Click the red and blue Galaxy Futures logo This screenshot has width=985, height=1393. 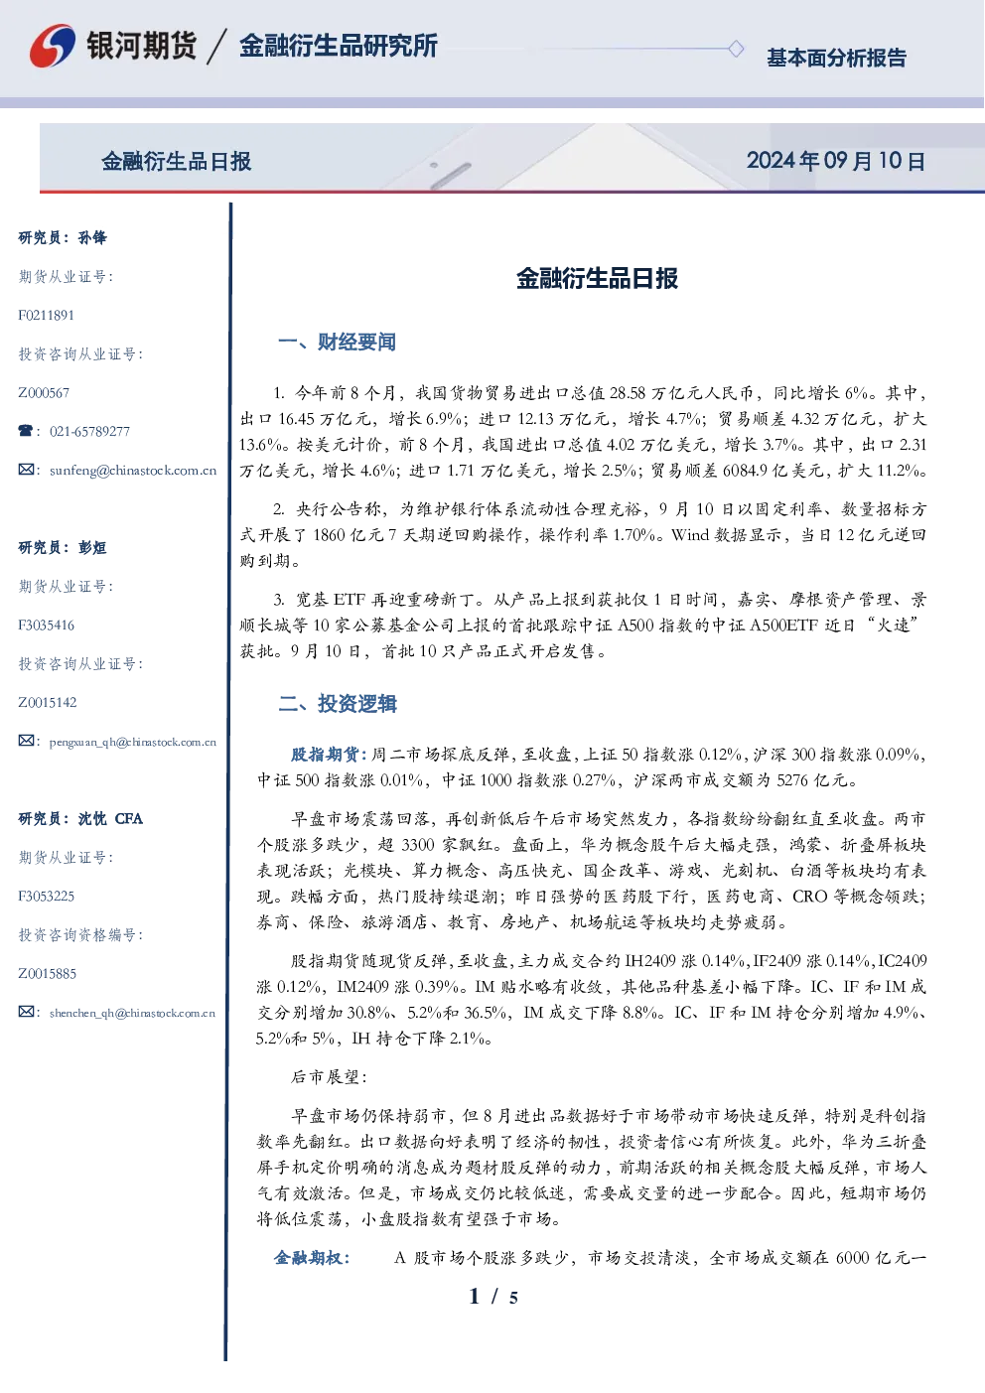pos(53,45)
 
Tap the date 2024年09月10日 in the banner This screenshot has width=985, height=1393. pos(836,161)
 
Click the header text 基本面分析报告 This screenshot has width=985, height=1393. pos(836,58)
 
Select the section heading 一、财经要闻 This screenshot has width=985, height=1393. pos(337,342)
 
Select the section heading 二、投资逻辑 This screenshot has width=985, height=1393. pos(337,703)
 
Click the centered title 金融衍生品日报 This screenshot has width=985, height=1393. pos(597,279)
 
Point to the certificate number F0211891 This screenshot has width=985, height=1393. pos(46,316)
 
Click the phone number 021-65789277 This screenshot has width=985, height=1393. pos(89,431)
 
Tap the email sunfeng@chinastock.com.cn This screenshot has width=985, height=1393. pos(133,471)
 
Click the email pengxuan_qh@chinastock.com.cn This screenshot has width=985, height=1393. pos(133,742)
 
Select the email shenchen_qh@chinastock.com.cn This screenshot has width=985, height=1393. pos(132,1013)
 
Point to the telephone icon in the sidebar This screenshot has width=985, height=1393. pos(26,430)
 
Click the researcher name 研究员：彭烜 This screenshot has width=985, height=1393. pos(63,547)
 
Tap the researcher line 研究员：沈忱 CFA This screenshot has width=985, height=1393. pos(80,818)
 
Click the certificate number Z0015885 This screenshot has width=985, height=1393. pos(48,974)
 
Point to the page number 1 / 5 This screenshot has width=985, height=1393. pos(493,1297)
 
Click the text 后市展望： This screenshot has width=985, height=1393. pos(330,1076)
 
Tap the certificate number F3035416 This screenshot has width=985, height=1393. pos(46,625)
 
